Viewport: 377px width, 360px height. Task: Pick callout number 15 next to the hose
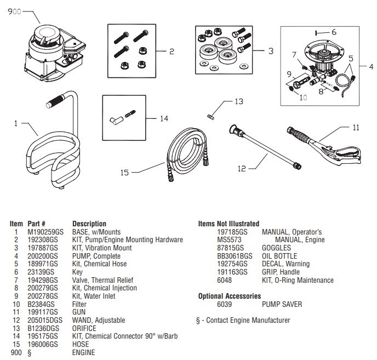[x=125, y=172]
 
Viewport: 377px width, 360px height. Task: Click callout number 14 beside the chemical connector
[x=165, y=118]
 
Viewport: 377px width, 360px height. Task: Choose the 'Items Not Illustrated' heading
[x=229, y=224]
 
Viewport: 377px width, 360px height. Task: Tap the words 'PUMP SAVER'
[x=282, y=304]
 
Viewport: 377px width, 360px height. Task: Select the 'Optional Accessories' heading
[x=229, y=296]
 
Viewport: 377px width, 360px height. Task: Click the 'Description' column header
[x=89, y=224]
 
